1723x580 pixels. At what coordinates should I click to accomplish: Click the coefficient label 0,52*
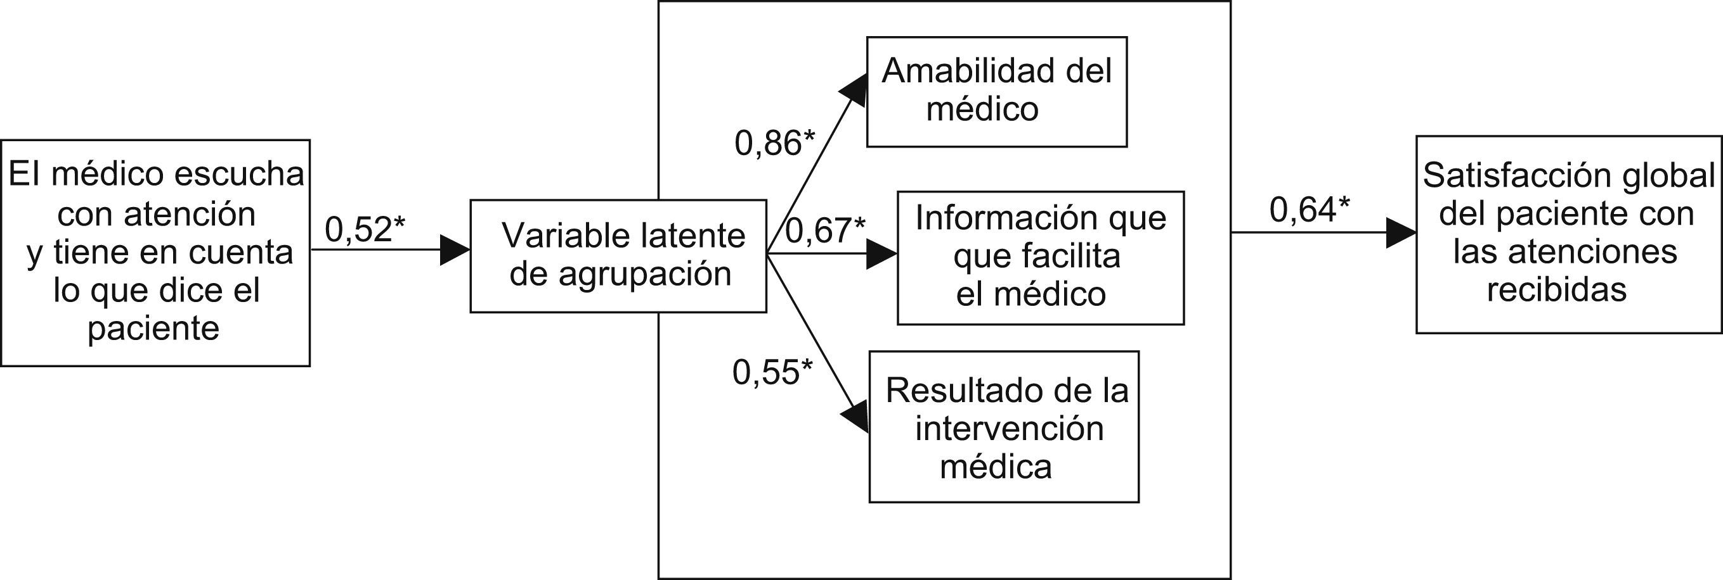[x=365, y=229]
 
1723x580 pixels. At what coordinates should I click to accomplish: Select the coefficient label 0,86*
[x=774, y=143]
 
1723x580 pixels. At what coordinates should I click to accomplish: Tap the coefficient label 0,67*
[x=824, y=230]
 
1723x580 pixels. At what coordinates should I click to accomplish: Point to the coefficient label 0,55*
[x=772, y=372]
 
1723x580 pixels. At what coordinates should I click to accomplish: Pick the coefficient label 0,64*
[x=1310, y=210]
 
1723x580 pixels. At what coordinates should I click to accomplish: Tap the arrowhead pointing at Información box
[x=881, y=254]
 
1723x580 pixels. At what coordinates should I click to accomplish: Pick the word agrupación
[x=644, y=274]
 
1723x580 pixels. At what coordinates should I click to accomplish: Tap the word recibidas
[x=1556, y=290]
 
